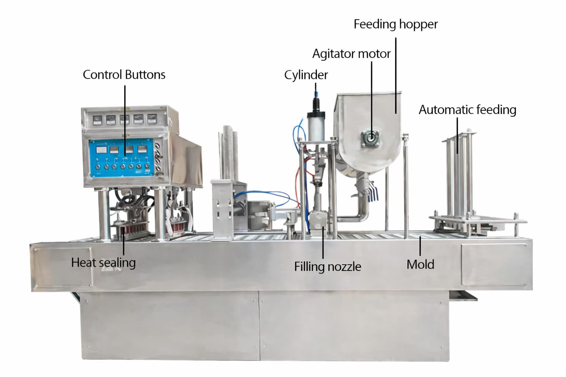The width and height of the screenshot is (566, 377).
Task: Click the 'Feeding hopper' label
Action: coord(395,24)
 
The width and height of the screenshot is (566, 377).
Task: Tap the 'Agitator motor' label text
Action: coord(351,54)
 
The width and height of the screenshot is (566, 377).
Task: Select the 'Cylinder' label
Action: coord(306,75)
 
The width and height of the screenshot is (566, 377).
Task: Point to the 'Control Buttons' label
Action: coord(124,75)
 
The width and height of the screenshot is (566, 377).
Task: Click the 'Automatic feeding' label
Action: coord(467,110)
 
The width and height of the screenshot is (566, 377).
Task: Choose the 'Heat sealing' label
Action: coord(103,263)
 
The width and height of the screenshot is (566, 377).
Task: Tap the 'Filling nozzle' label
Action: coord(327,267)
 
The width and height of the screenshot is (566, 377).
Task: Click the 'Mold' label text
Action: coord(420,264)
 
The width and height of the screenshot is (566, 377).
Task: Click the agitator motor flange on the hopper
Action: coord(371,138)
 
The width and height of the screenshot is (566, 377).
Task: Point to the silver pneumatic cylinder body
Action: coord(316,127)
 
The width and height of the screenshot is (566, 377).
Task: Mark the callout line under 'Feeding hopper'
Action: coord(396,74)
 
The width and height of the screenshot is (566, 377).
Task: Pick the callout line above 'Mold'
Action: coord(420,246)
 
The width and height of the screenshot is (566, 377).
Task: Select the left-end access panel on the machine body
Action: coord(63,267)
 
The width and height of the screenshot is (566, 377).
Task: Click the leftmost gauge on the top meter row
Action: coord(97,119)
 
